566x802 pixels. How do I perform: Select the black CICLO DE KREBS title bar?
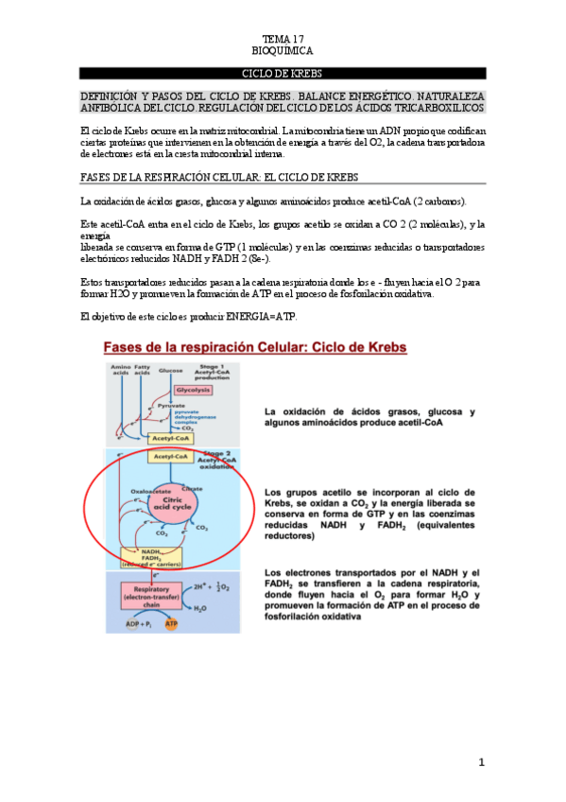point(283,73)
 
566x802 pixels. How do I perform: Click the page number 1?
point(481,762)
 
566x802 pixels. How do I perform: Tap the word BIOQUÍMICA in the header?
point(283,51)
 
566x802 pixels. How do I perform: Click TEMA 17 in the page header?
point(283,39)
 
